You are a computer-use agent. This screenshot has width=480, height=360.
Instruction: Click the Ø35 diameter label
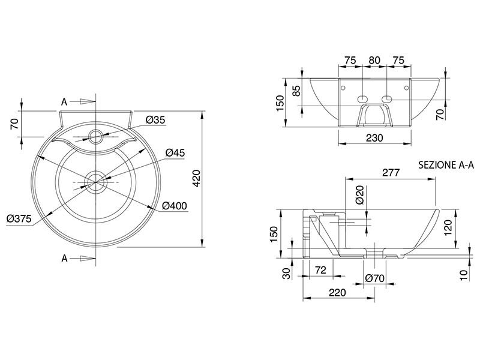[x=155, y=119]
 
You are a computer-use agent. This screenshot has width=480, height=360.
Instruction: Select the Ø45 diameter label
[x=175, y=152]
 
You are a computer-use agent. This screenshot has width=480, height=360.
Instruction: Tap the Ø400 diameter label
[x=174, y=206]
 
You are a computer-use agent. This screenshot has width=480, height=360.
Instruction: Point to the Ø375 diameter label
[x=19, y=218]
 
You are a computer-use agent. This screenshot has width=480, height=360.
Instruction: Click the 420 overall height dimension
[x=196, y=178]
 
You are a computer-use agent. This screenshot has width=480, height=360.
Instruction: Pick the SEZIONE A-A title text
[x=446, y=165]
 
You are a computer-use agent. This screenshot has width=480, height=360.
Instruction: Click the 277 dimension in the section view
[x=391, y=173]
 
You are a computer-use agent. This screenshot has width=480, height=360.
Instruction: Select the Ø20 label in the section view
[x=360, y=195]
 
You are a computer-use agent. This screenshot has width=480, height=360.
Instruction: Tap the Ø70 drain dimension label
[x=374, y=278]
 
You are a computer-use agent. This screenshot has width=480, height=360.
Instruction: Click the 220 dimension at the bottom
[x=337, y=293]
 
